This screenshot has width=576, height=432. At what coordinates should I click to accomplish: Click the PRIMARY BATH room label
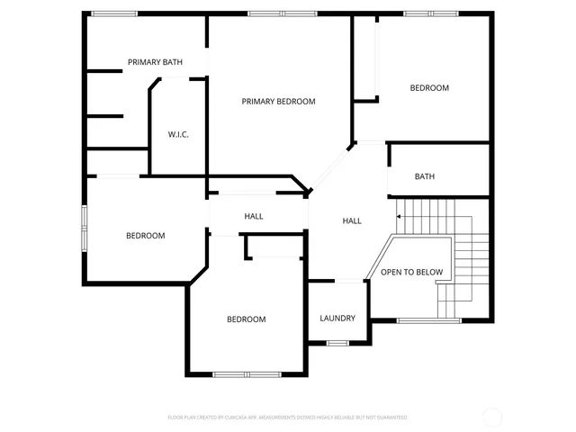(155, 62)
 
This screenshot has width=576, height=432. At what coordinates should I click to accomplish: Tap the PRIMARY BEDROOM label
(278, 102)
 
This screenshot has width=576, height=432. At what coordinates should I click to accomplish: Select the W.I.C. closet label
(177, 135)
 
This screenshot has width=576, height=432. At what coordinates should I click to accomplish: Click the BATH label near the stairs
(425, 176)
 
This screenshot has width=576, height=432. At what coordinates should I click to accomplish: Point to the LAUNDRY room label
(337, 319)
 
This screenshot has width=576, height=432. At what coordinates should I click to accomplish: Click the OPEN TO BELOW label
(411, 272)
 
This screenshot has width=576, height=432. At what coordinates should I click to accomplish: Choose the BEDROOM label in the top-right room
(429, 88)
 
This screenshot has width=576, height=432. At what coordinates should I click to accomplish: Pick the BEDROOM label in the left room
(145, 236)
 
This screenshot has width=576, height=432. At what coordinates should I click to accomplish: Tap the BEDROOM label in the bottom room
(246, 319)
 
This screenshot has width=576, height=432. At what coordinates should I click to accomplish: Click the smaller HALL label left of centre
(254, 217)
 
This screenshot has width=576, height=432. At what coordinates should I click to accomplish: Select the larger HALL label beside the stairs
(352, 220)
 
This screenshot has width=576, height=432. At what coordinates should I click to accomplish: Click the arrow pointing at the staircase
(399, 216)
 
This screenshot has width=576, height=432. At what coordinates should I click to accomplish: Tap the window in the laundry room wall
(337, 343)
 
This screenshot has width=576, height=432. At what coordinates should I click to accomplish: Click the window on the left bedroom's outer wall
(84, 229)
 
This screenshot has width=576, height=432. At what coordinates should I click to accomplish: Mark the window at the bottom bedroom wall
(247, 373)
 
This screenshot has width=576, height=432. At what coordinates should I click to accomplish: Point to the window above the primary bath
(114, 13)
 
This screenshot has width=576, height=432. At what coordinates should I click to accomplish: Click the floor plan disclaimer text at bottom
(287, 418)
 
